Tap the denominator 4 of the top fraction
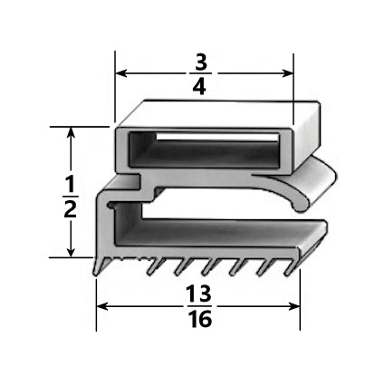coord(203,90)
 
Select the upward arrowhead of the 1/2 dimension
coord(71,131)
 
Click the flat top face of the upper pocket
coord(217,112)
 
